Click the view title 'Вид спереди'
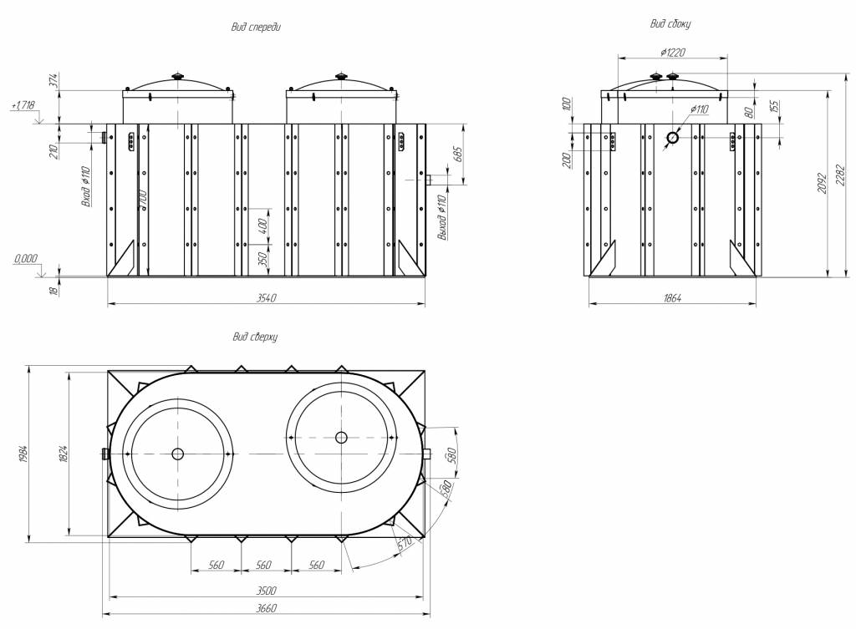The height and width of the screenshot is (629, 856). click(x=256, y=27)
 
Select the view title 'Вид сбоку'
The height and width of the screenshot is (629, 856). click(x=670, y=24)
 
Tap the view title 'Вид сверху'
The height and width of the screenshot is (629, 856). click(x=255, y=337)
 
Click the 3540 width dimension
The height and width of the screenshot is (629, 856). click(x=266, y=298)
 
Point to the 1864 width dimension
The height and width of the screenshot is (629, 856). click(x=672, y=298)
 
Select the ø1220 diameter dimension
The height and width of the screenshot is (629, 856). click(x=672, y=52)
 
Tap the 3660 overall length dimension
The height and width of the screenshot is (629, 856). click(x=266, y=608)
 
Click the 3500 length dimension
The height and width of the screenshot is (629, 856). click(x=266, y=590)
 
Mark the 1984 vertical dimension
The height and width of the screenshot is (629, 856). click(x=23, y=454)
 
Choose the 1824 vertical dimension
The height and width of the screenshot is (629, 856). click(x=64, y=454)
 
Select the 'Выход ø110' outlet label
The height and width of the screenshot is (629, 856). click(x=442, y=216)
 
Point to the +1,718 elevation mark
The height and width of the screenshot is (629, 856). click(x=23, y=105)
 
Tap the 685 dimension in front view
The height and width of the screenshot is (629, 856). click(x=457, y=155)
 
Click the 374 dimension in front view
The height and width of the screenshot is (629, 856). click(x=53, y=81)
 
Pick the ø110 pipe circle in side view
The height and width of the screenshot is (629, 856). click(x=672, y=138)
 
